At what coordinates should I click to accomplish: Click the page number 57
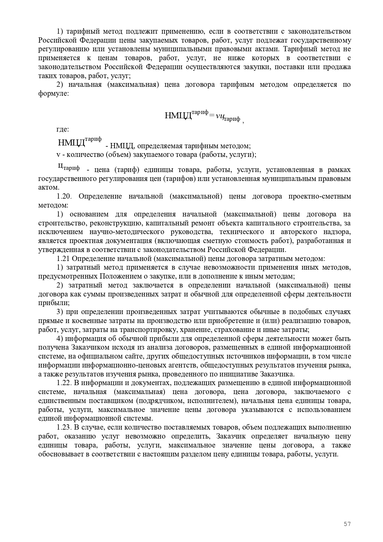tap(347, 524)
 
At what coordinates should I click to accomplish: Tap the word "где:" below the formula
tap(63, 129)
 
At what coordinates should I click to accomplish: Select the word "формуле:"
tap(53, 93)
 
